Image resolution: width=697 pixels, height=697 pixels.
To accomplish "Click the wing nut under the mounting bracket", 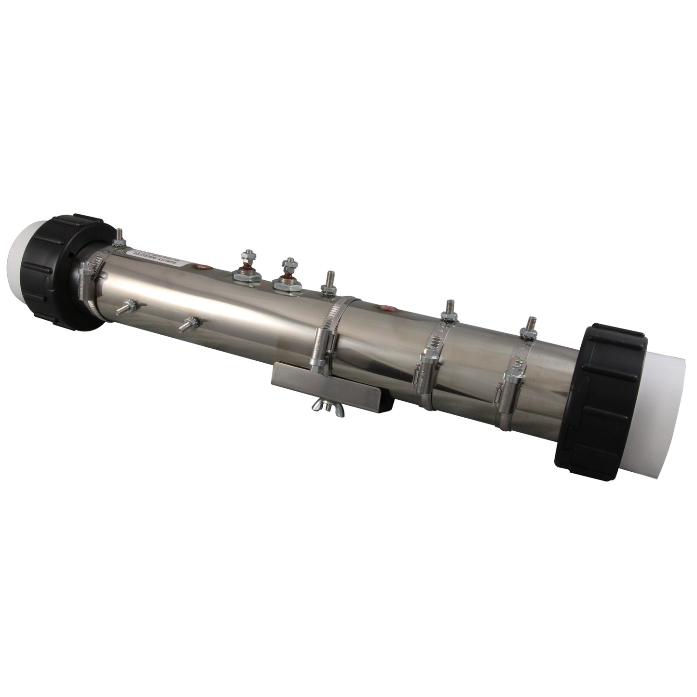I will (323, 404).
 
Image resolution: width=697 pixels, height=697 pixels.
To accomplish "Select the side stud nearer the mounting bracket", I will (188, 323).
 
